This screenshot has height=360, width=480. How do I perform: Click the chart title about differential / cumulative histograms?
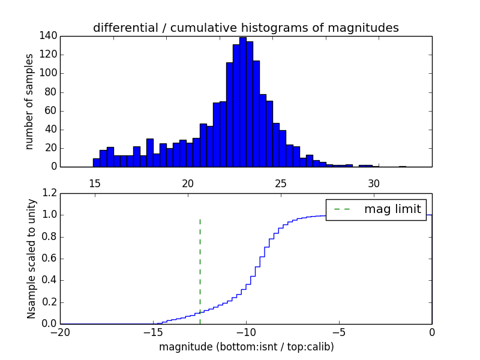click(245, 28)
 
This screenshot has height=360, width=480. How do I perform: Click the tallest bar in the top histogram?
click(242, 102)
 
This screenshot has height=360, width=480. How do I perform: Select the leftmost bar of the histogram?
click(96, 163)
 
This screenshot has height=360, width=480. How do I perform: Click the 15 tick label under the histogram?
click(95, 184)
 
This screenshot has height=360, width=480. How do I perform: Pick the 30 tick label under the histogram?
click(374, 184)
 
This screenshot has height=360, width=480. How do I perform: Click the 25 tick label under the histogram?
click(281, 184)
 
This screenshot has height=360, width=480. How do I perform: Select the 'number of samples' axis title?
click(29, 101)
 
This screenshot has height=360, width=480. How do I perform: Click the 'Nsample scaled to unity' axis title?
click(31, 259)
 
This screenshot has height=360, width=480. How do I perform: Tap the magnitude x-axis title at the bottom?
click(246, 347)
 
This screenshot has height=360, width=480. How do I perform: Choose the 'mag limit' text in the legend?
click(393, 209)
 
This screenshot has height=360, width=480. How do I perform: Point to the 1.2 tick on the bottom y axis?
click(49, 193)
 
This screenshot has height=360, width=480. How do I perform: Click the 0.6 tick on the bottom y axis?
click(49, 259)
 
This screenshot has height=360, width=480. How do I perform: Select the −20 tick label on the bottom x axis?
click(60, 332)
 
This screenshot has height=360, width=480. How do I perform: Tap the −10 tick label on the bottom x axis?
click(245, 332)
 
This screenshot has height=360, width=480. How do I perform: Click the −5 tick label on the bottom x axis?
click(338, 332)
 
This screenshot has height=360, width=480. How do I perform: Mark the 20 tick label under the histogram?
click(188, 184)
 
